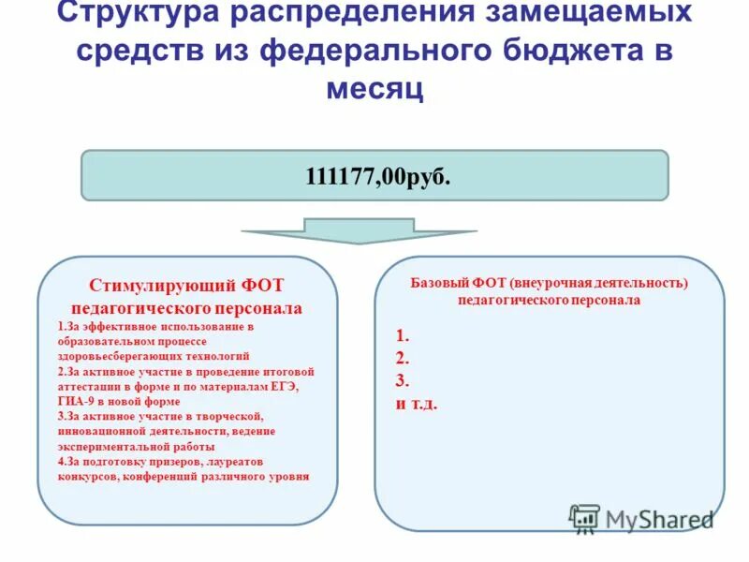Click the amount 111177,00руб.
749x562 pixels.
pos(374,177)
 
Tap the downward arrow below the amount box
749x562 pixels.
pos(360,230)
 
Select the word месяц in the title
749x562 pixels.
pos(374,89)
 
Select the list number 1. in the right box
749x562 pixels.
pos(403,334)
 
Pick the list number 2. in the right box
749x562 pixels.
pos(403,358)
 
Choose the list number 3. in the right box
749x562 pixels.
pos(403,380)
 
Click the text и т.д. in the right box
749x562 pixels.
pos(417,404)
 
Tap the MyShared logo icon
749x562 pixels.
pos(584,518)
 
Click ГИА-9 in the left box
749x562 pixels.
pos(77,401)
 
